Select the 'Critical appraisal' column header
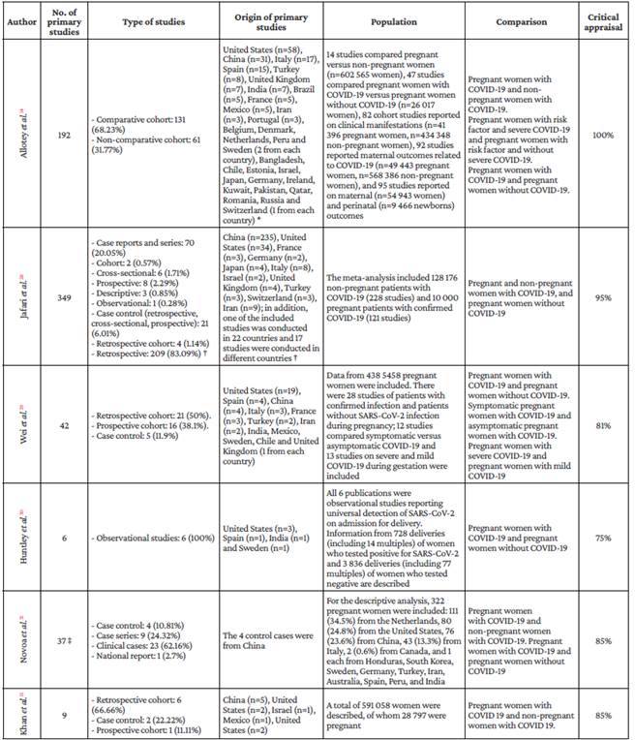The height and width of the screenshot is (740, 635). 603,17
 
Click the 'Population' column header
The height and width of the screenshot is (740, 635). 394,17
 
